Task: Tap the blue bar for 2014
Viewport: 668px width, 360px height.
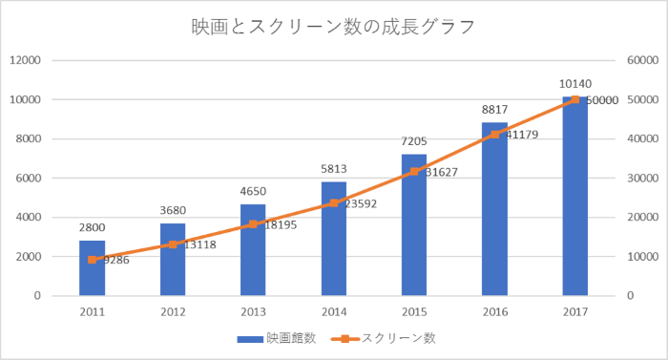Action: point(333,239)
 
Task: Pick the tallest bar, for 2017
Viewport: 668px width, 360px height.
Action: point(574,197)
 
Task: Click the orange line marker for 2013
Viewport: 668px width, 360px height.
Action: point(253,224)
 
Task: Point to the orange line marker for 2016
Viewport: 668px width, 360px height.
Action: point(494,135)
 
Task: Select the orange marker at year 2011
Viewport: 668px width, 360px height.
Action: point(92,259)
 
